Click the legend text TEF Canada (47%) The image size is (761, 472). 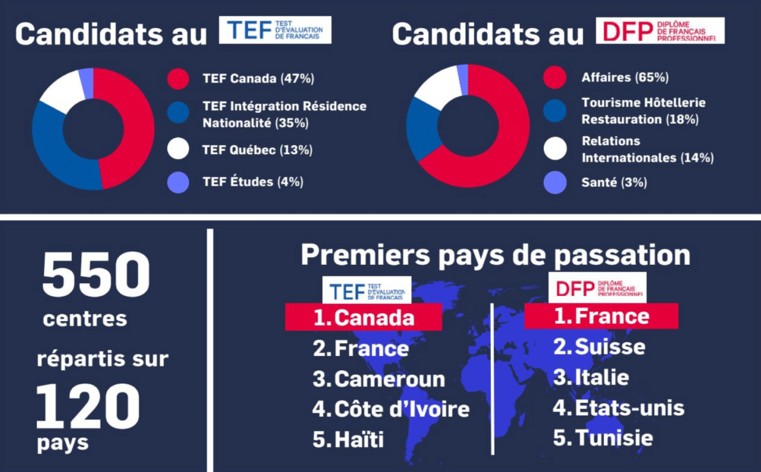258,78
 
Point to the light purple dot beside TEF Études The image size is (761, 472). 178,182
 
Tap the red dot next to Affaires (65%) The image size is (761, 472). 555,78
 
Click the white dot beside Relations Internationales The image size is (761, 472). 555,148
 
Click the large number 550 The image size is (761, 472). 96,275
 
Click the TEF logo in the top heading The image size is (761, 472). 275,30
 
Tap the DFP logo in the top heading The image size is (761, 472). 660,30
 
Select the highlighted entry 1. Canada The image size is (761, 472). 363,318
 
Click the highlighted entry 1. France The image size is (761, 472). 601,316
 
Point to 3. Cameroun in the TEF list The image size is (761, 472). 379,379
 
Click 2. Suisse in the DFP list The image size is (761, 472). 599,347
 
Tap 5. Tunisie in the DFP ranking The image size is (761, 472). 603,438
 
